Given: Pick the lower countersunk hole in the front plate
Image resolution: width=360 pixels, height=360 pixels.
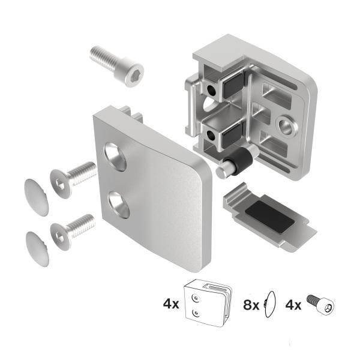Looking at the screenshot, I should [x=119, y=204].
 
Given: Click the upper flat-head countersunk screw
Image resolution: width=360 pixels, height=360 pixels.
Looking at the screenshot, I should [x=71, y=175].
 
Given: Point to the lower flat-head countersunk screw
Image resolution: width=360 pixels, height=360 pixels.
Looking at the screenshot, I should [x=71, y=229].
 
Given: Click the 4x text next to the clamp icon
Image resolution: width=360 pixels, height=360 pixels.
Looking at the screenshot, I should [x=170, y=304].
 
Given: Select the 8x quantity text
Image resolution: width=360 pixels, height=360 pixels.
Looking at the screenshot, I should [x=251, y=304].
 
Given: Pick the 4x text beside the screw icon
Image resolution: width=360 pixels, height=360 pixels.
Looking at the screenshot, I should [x=295, y=304].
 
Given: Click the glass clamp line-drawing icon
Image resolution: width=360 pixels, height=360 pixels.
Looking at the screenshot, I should [x=207, y=305].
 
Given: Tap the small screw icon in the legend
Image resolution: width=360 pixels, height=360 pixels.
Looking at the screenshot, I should [x=320, y=304].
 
